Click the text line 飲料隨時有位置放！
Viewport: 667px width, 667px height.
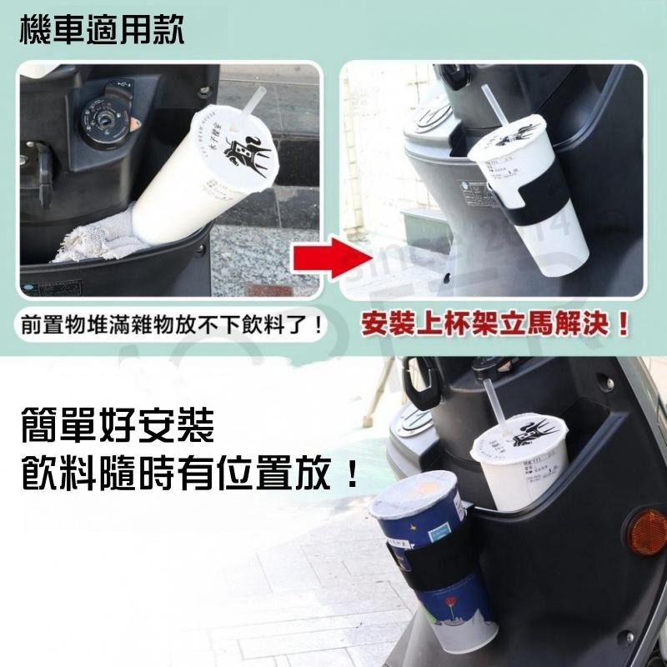pos(191,477)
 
